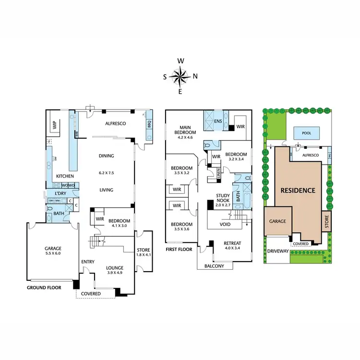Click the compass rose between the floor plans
[x=180, y=76]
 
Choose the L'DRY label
[x=60, y=193]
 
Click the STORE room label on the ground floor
[x=143, y=250]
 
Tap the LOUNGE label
[x=115, y=268]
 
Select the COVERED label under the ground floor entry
[x=91, y=293]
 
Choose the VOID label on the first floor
[x=225, y=224]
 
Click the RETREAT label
[x=232, y=243]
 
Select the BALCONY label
[x=214, y=266]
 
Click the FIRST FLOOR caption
[x=179, y=250]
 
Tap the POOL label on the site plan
[x=305, y=133]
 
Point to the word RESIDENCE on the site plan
[x=298, y=190]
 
